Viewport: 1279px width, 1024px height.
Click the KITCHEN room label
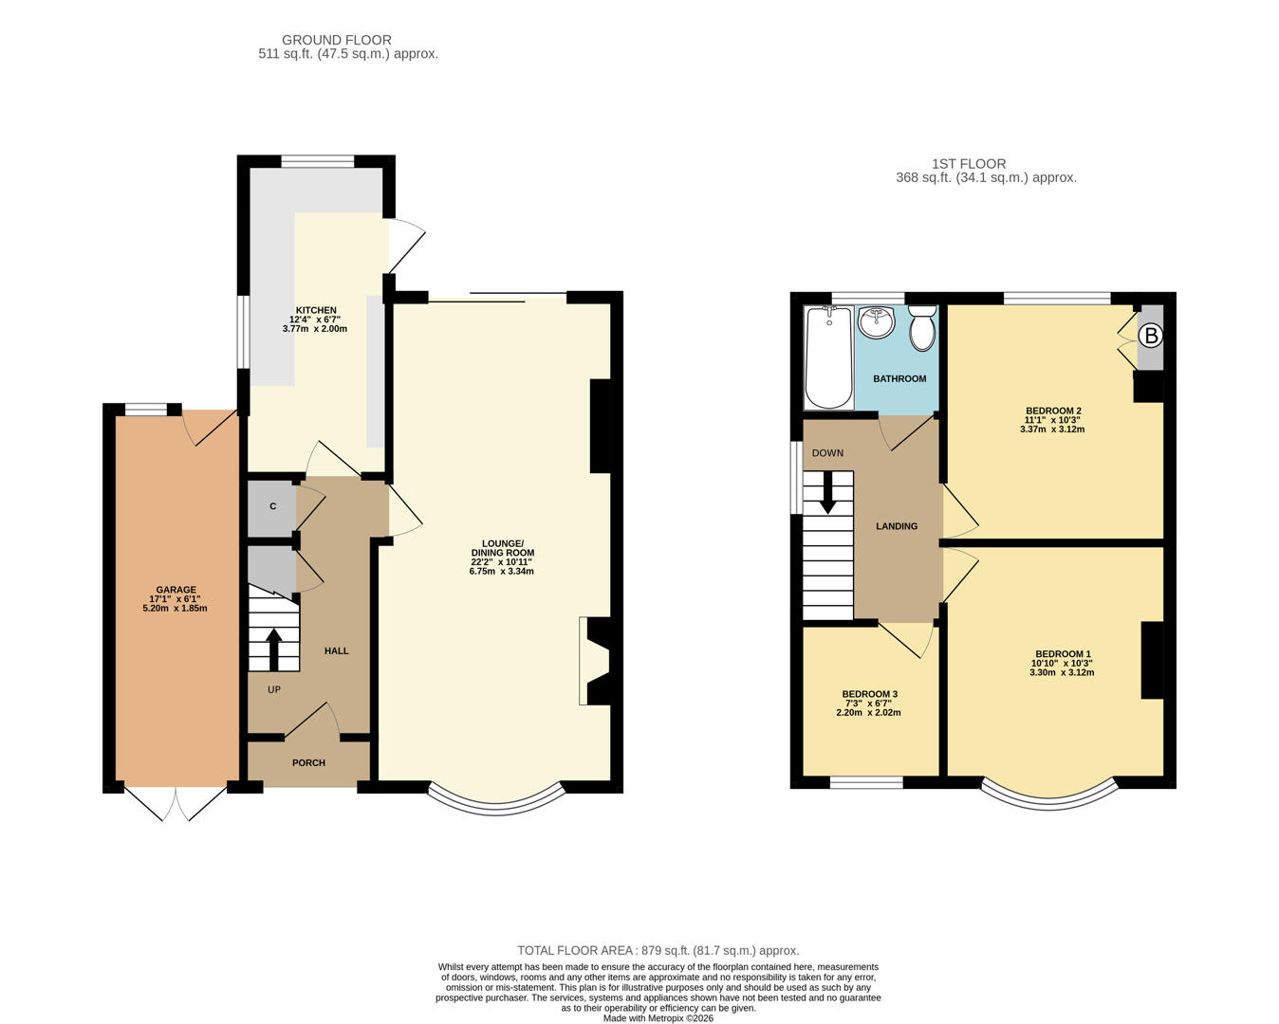point(315,311)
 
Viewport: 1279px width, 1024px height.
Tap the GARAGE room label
point(176,590)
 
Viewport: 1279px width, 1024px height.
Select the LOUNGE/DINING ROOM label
point(502,548)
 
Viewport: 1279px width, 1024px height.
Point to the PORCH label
point(308,763)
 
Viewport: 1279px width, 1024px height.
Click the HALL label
point(336,651)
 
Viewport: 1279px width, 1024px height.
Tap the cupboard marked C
point(272,507)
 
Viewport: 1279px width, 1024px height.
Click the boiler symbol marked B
point(1150,336)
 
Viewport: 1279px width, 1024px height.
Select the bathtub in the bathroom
point(828,357)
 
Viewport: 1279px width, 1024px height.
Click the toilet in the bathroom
point(921,327)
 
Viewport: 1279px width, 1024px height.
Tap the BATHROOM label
point(899,379)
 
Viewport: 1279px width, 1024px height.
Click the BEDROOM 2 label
point(1052,411)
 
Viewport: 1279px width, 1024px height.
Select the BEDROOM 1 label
point(1062,654)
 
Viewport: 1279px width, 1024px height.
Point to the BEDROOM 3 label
point(868,694)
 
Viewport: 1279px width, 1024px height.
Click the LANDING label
point(896,526)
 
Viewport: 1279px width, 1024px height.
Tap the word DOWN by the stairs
point(827,453)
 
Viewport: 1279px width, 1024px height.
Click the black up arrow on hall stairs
point(274,649)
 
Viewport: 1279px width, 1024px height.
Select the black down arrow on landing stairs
point(828,492)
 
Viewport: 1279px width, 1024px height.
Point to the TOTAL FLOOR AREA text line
point(658,950)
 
